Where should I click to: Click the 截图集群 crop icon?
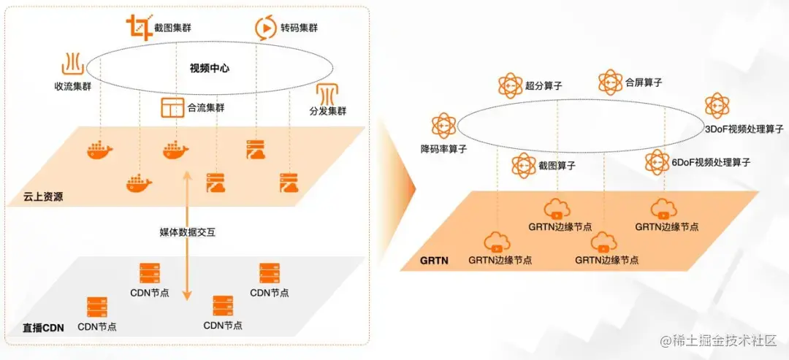coord(137,28)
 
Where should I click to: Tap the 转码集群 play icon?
coord(264,28)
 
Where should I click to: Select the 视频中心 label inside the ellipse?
coord(210,69)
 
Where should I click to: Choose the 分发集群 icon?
coord(327,94)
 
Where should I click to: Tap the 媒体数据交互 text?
coord(188,231)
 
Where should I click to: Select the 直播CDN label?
coord(43,327)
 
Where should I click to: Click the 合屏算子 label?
coord(644,83)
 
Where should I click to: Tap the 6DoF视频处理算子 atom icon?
coord(657,162)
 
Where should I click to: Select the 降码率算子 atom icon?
coord(443,126)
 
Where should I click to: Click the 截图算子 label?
coord(556,166)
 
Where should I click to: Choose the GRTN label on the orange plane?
coord(434,258)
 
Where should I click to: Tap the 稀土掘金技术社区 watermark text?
coord(724,341)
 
